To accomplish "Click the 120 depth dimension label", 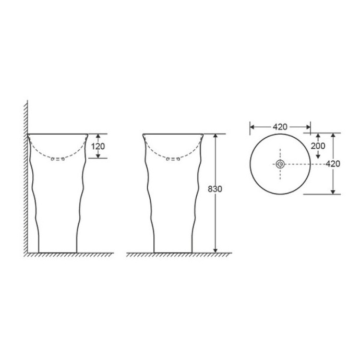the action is coord(98,146).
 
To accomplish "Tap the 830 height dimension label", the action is coord(215,189).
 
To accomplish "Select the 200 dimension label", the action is coord(318,146).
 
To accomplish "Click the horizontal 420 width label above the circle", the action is coord(280,127).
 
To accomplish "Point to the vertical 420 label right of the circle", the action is coord(333,164).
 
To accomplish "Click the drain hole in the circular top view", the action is coord(280,164).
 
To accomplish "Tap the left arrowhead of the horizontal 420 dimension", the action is coord(253,127).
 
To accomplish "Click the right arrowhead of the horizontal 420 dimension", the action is coord(308,127).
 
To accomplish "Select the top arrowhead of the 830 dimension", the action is coord(215,136).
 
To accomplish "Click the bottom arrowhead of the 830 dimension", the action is coord(215,250).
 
